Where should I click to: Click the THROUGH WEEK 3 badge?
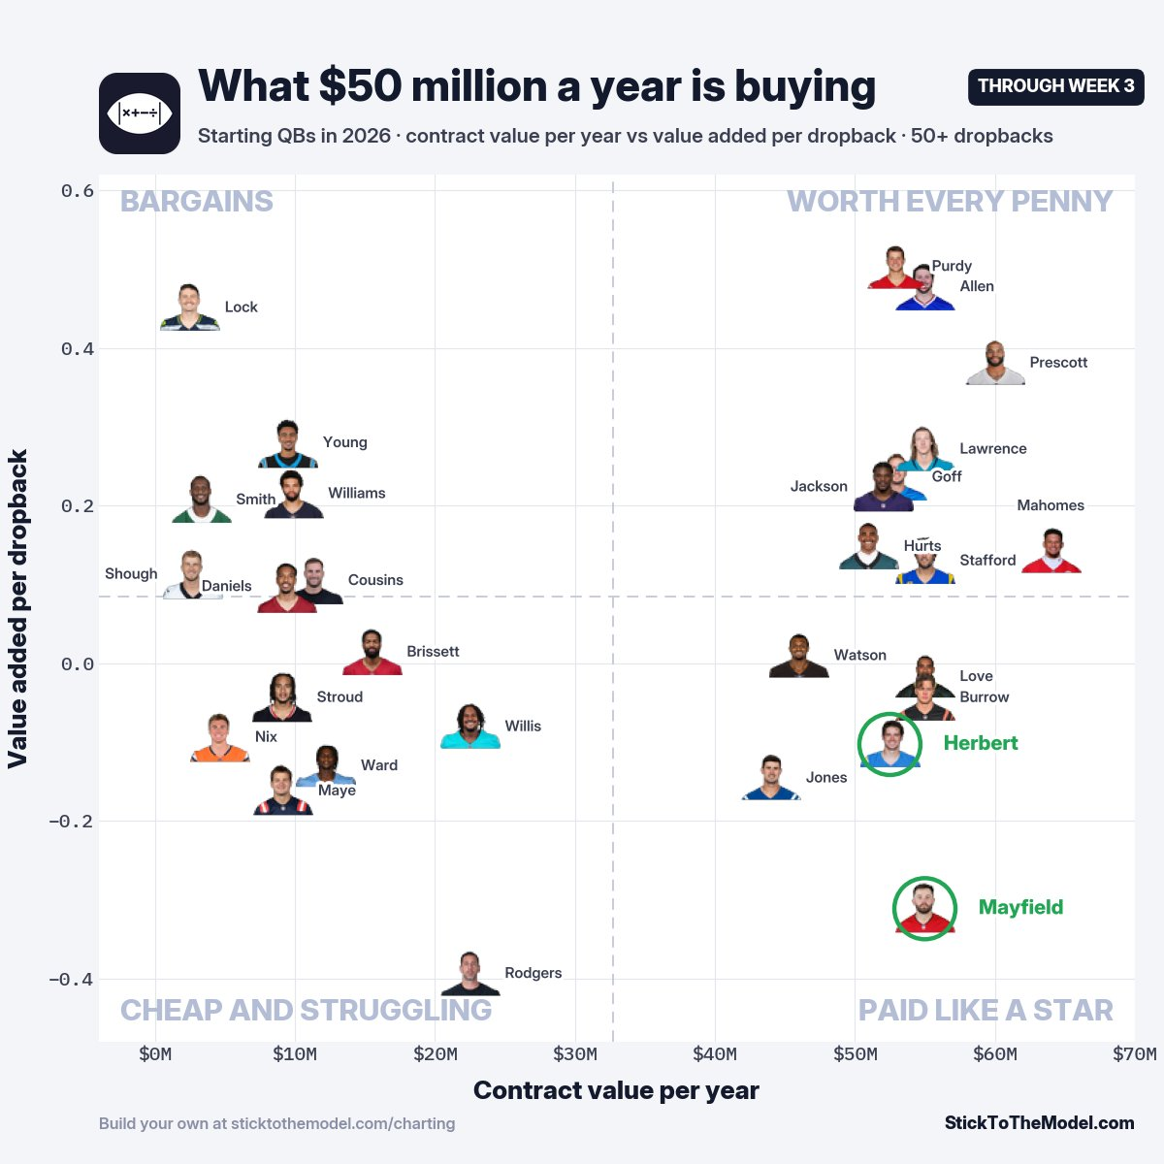(x=1055, y=87)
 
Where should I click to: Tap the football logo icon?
(x=140, y=113)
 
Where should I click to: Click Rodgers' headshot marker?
(x=469, y=973)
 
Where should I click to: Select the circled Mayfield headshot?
(x=924, y=908)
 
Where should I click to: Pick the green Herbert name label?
(x=981, y=743)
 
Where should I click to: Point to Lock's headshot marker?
(x=190, y=307)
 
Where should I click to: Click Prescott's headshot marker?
(x=995, y=363)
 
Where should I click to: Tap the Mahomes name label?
(x=1051, y=505)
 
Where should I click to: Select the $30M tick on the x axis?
(x=575, y=1054)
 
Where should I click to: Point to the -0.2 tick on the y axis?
(x=71, y=822)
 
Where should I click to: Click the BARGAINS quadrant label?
(x=196, y=201)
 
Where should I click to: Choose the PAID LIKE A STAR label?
(x=986, y=1010)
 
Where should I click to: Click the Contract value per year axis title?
(x=616, y=1090)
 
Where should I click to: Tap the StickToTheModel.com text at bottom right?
(x=1040, y=1122)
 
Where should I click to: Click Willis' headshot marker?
(x=469, y=727)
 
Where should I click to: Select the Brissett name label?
(x=433, y=651)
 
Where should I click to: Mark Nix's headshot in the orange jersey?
(x=220, y=738)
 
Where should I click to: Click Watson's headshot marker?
(x=798, y=656)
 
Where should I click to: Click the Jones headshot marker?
(x=771, y=778)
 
